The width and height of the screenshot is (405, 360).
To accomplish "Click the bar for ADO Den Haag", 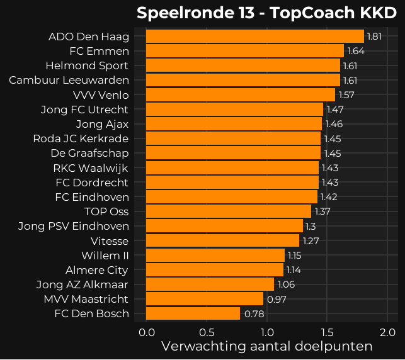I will coord(254,37).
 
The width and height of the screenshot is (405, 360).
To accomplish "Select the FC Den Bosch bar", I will coord(193,313).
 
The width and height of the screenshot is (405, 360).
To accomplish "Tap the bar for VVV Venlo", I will coord(240,95).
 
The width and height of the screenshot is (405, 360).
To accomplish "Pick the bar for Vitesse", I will coord(222,240).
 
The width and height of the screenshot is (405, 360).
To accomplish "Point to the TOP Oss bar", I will coord(228,211).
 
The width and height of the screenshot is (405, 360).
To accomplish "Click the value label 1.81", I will coord(374,37).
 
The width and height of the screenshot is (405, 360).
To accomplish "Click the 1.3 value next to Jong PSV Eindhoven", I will coord(311,226).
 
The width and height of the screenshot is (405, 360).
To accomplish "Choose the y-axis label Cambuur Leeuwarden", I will coord(69,80).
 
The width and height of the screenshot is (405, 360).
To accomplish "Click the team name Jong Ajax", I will coord(102,124).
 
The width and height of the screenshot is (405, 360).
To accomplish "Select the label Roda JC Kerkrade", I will coord(81,138).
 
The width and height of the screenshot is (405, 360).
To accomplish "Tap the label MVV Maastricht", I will coord(86,299).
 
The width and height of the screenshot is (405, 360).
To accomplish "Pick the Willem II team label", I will coord(105,256).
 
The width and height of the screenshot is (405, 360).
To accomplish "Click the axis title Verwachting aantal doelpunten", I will coord(267,347).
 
